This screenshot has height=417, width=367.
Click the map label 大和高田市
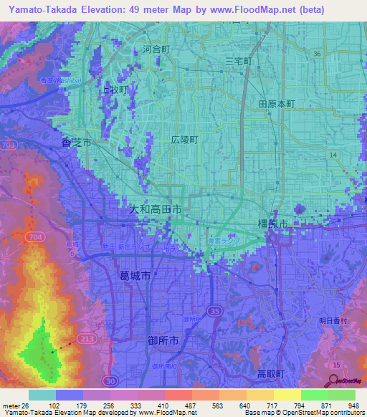155,211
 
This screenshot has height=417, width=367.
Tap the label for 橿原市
272,224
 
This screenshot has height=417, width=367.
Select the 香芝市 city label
75,143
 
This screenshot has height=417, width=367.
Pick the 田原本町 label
277,103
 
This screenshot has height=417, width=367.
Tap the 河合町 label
156,50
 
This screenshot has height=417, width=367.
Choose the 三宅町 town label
239,62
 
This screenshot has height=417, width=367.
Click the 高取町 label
271,374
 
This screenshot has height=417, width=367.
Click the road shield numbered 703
9,145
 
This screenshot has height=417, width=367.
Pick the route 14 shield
332,155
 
